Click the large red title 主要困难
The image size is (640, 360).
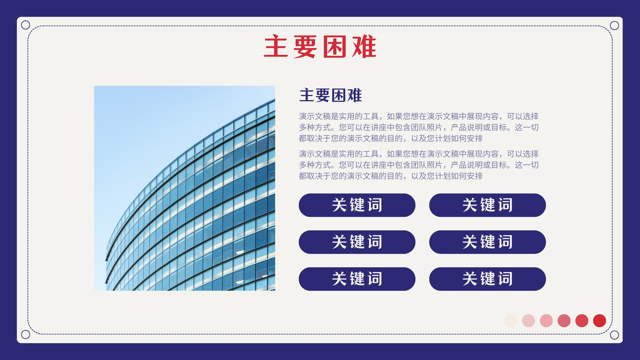pos(320,46)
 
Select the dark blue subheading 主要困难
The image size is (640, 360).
pos(330,95)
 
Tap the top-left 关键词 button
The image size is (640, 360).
pos(357,205)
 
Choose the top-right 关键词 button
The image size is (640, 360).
pos(488,205)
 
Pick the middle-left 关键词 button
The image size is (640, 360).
pos(357,242)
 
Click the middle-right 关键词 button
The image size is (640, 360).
pos(488,242)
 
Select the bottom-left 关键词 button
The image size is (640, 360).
pos(357,279)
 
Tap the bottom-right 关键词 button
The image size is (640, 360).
pos(488,279)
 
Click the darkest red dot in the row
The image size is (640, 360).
pos(600,320)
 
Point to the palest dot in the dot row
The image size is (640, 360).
pos(511,320)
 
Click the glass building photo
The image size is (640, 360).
pos(184,188)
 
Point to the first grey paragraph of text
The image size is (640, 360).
pos(419,128)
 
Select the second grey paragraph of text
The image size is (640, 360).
pos(419,165)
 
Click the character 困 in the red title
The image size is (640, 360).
pos(334,46)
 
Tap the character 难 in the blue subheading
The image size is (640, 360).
pos(354,95)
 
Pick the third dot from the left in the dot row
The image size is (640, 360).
pos(546,320)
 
